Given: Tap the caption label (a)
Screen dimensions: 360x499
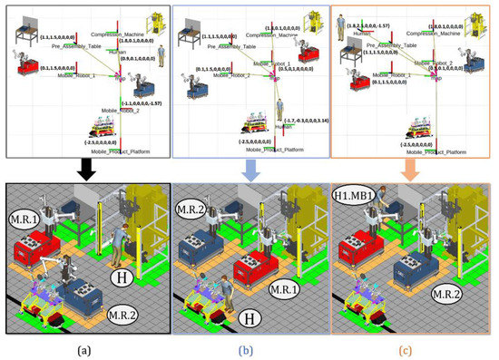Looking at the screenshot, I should [x=83, y=346].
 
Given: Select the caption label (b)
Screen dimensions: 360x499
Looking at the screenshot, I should [x=248, y=346].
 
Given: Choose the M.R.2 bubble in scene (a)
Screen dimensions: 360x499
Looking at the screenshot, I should [x=123, y=315].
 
